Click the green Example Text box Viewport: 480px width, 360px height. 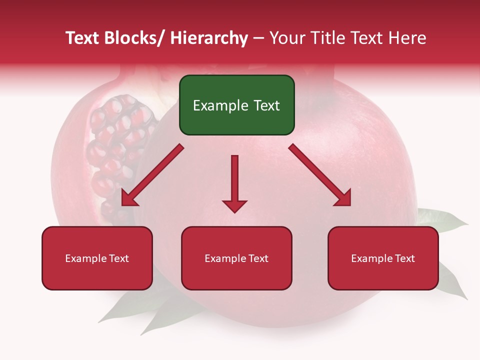[x=236, y=105]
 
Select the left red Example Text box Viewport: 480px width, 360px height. [x=97, y=258]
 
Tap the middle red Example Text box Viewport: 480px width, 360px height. [x=236, y=258]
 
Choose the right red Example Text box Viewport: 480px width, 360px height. [x=383, y=258]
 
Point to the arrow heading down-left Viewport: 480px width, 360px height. [x=152, y=175]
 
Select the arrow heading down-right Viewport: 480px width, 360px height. [x=320, y=175]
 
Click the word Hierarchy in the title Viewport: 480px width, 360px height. [x=208, y=38]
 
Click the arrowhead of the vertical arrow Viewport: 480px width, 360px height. [x=234, y=205]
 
